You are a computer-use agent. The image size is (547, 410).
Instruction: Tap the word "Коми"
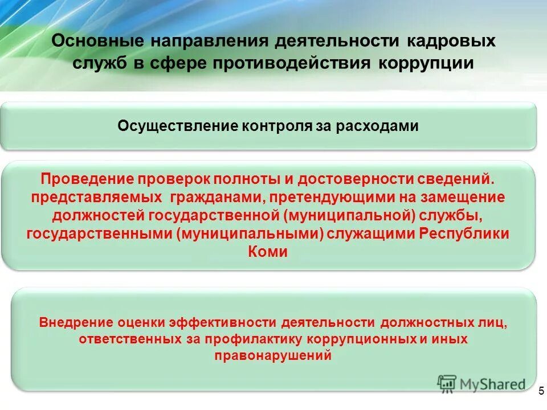tap(268, 252)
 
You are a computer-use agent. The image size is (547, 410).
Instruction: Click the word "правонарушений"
tap(273, 356)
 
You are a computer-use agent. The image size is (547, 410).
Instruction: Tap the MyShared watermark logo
tap(481, 384)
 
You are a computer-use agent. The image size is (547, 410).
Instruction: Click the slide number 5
tap(540, 391)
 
